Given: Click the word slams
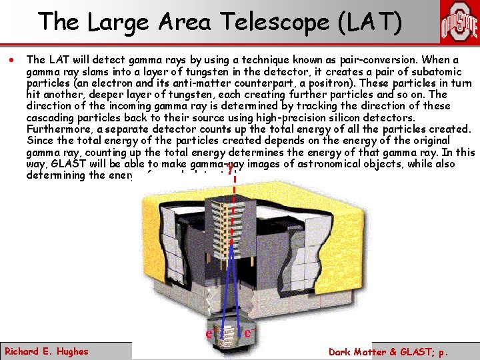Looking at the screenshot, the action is click(90, 72).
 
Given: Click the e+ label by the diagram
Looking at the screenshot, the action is click(209, 331).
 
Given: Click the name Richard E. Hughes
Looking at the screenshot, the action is click(47, 351).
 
